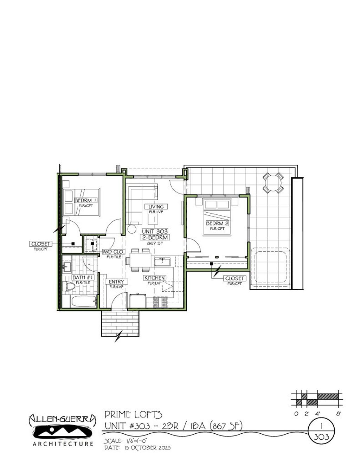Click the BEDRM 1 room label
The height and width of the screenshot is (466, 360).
point(85,201)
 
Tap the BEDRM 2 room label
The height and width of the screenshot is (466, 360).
point(217,224)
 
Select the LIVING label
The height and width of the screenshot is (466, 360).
point(156,207)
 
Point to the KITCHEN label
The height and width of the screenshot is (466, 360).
point(154,278)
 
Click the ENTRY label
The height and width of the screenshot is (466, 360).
point(116,282)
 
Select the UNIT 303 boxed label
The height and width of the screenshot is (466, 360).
point(155,231)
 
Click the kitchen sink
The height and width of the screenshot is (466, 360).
point(162,261)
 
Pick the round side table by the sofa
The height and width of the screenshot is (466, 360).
point(131,229)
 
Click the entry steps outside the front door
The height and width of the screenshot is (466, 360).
point(120,324)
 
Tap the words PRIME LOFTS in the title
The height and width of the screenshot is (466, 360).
point(133,414)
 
